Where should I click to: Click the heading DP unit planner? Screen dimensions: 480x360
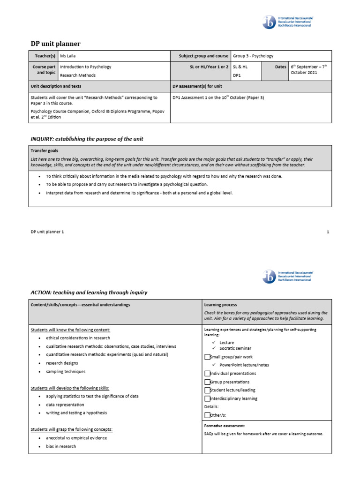tap(55, 44)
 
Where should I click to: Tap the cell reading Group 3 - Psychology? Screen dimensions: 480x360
tap(253, 56)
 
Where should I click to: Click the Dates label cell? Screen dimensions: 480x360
tap(280, 67)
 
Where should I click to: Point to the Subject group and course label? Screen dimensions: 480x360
tap(203, 56)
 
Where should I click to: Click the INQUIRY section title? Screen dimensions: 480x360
tap(87, 139)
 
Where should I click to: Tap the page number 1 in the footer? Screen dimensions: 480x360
tap(328, 232)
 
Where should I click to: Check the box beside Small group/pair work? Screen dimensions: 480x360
tap(208, 357)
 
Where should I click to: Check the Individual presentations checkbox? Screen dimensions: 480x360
tap(208, 374)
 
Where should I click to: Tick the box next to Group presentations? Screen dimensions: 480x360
tap(208, 382)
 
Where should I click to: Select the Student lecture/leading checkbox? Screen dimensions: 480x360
tap(208, 390)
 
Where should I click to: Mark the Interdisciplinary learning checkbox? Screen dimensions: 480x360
tap(208, 398)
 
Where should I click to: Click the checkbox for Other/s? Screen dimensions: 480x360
tap(208, 415)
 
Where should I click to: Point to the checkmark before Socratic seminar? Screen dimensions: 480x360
tap(214, 348)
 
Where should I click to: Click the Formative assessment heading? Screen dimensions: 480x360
tap(225, 426)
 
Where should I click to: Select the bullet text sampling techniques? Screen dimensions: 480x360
tap(66, 371)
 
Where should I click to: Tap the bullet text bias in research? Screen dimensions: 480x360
tap(61, 446)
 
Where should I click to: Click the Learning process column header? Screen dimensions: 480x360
tap(221, 305)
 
